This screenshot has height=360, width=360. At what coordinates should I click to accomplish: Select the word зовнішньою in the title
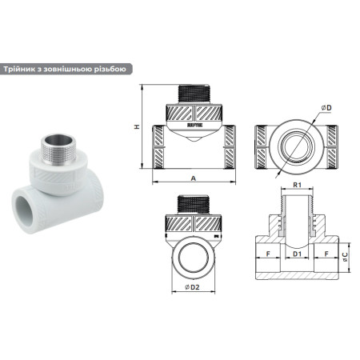(74, 69)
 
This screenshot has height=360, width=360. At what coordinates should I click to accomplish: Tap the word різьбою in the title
(110, 69)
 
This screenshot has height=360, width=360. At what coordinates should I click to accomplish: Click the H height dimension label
(137, 127)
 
